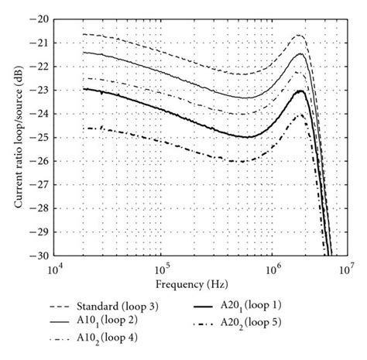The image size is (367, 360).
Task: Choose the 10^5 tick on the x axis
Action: click(160, 268)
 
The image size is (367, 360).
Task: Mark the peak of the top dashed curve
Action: click(299, 36)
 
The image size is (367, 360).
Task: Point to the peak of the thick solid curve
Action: click(299, 91)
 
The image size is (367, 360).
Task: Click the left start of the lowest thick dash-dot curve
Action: click(84, 128)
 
